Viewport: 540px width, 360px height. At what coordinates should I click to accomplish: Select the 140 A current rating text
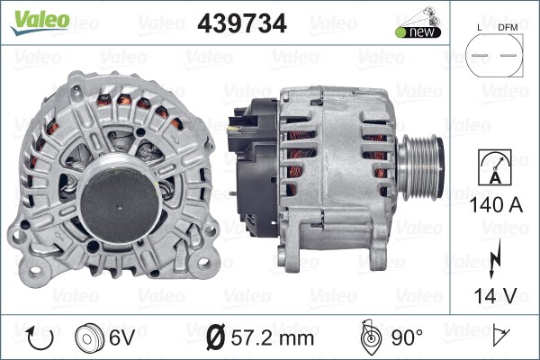497,204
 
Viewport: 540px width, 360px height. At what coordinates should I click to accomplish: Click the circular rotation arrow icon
41,338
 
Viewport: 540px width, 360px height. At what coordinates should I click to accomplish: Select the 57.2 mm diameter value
271,338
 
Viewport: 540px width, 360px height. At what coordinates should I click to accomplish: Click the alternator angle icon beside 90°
370,337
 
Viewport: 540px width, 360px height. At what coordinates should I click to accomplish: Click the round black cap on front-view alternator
119,198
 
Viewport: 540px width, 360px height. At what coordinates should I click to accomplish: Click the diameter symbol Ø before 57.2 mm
214,338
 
